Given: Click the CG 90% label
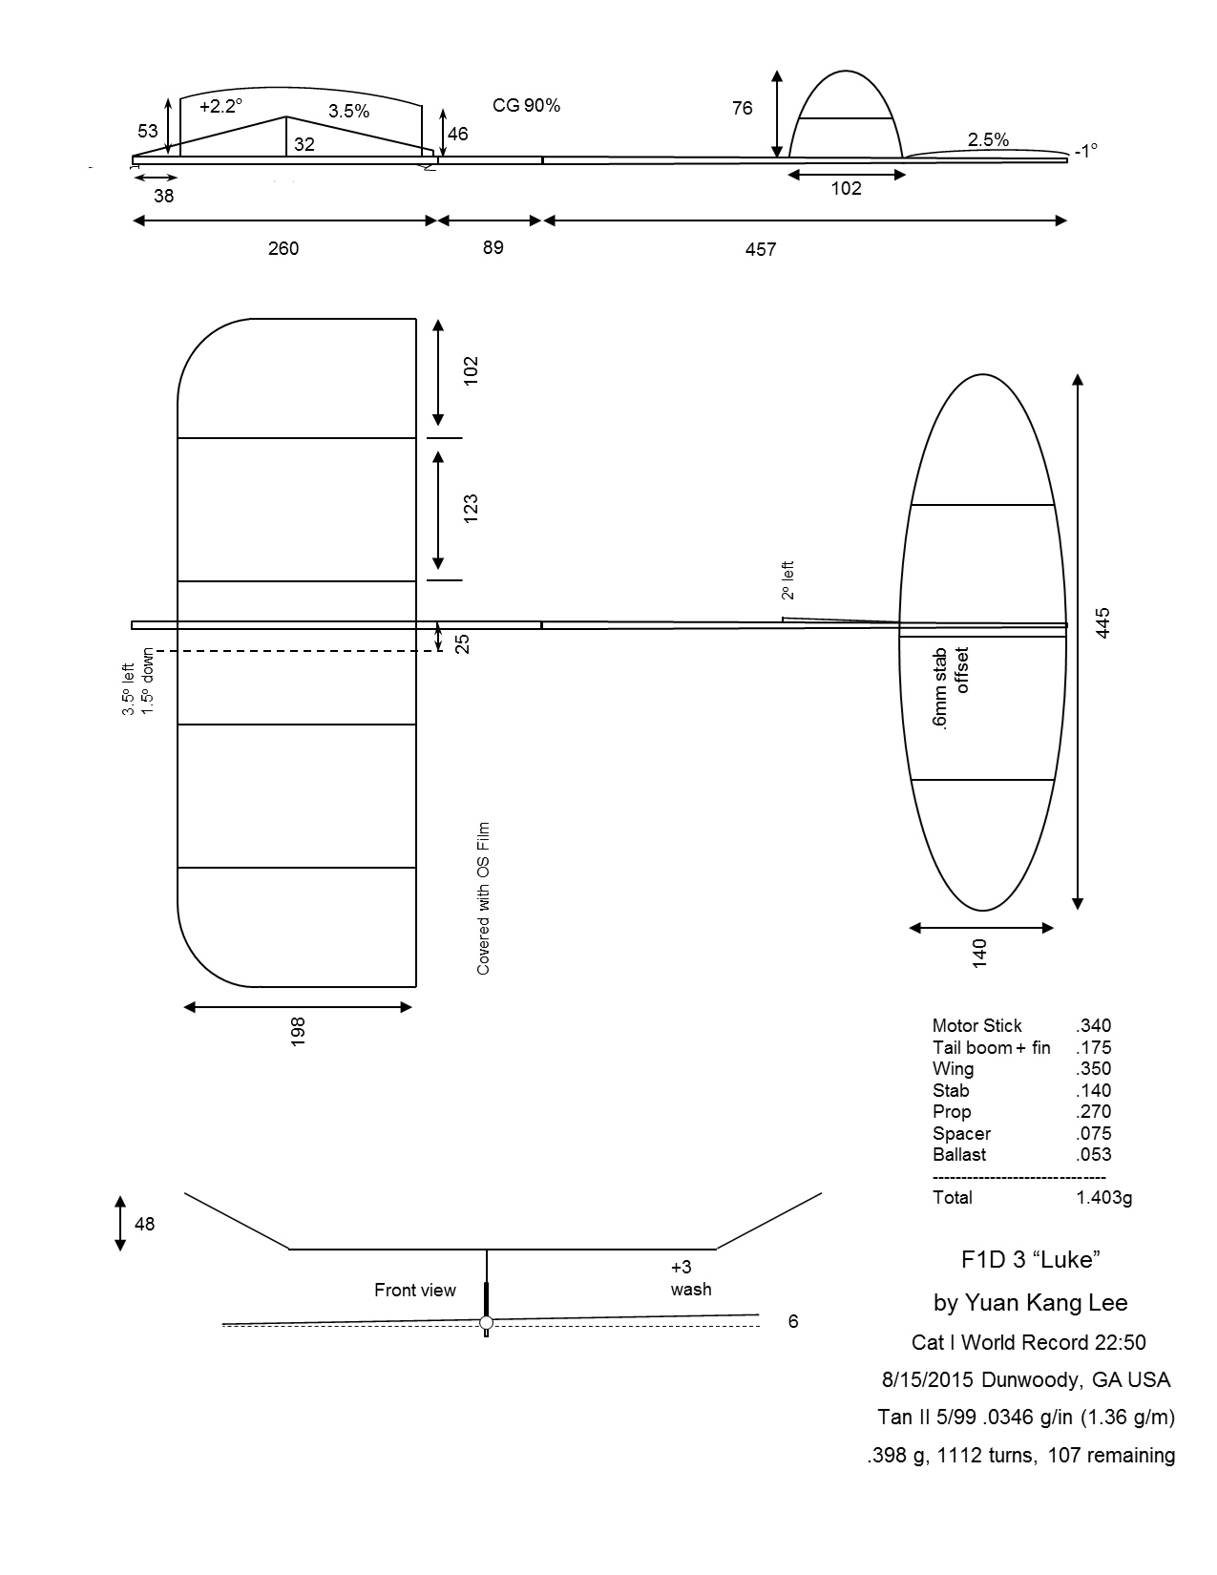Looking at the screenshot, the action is tap(526, 106).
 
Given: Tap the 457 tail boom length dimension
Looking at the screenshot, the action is tap(761, 249).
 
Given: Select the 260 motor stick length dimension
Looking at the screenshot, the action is tap(283, 248).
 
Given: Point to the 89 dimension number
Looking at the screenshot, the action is tap(493, 248).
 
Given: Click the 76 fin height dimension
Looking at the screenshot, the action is tap(743, 108).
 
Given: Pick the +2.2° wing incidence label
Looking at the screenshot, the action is tap(221, 107).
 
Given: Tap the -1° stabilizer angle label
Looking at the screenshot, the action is tap(1086, 151).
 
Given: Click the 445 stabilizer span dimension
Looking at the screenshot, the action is tap(1102, 622).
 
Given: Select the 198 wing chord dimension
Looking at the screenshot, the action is tap(298, 1032).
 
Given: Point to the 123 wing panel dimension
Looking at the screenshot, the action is tap(471, 509).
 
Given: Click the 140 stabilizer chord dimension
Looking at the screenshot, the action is tap(979, 954).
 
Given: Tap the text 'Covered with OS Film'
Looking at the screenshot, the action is tap(484, 898).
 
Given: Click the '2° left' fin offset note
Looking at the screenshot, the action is tap(787, 579).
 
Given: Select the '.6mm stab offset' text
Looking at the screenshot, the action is tap(951, 687).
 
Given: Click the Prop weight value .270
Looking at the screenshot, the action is tap(1093, 1112).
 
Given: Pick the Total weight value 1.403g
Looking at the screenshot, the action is tap(1104, 1197).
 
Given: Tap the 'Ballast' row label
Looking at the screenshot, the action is tap(959, 1155).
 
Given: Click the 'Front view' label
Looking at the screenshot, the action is tap(414, 1291).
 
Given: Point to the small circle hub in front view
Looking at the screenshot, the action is tap(487, 1323).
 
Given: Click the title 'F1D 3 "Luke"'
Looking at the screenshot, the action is tap(1031, 1260).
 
